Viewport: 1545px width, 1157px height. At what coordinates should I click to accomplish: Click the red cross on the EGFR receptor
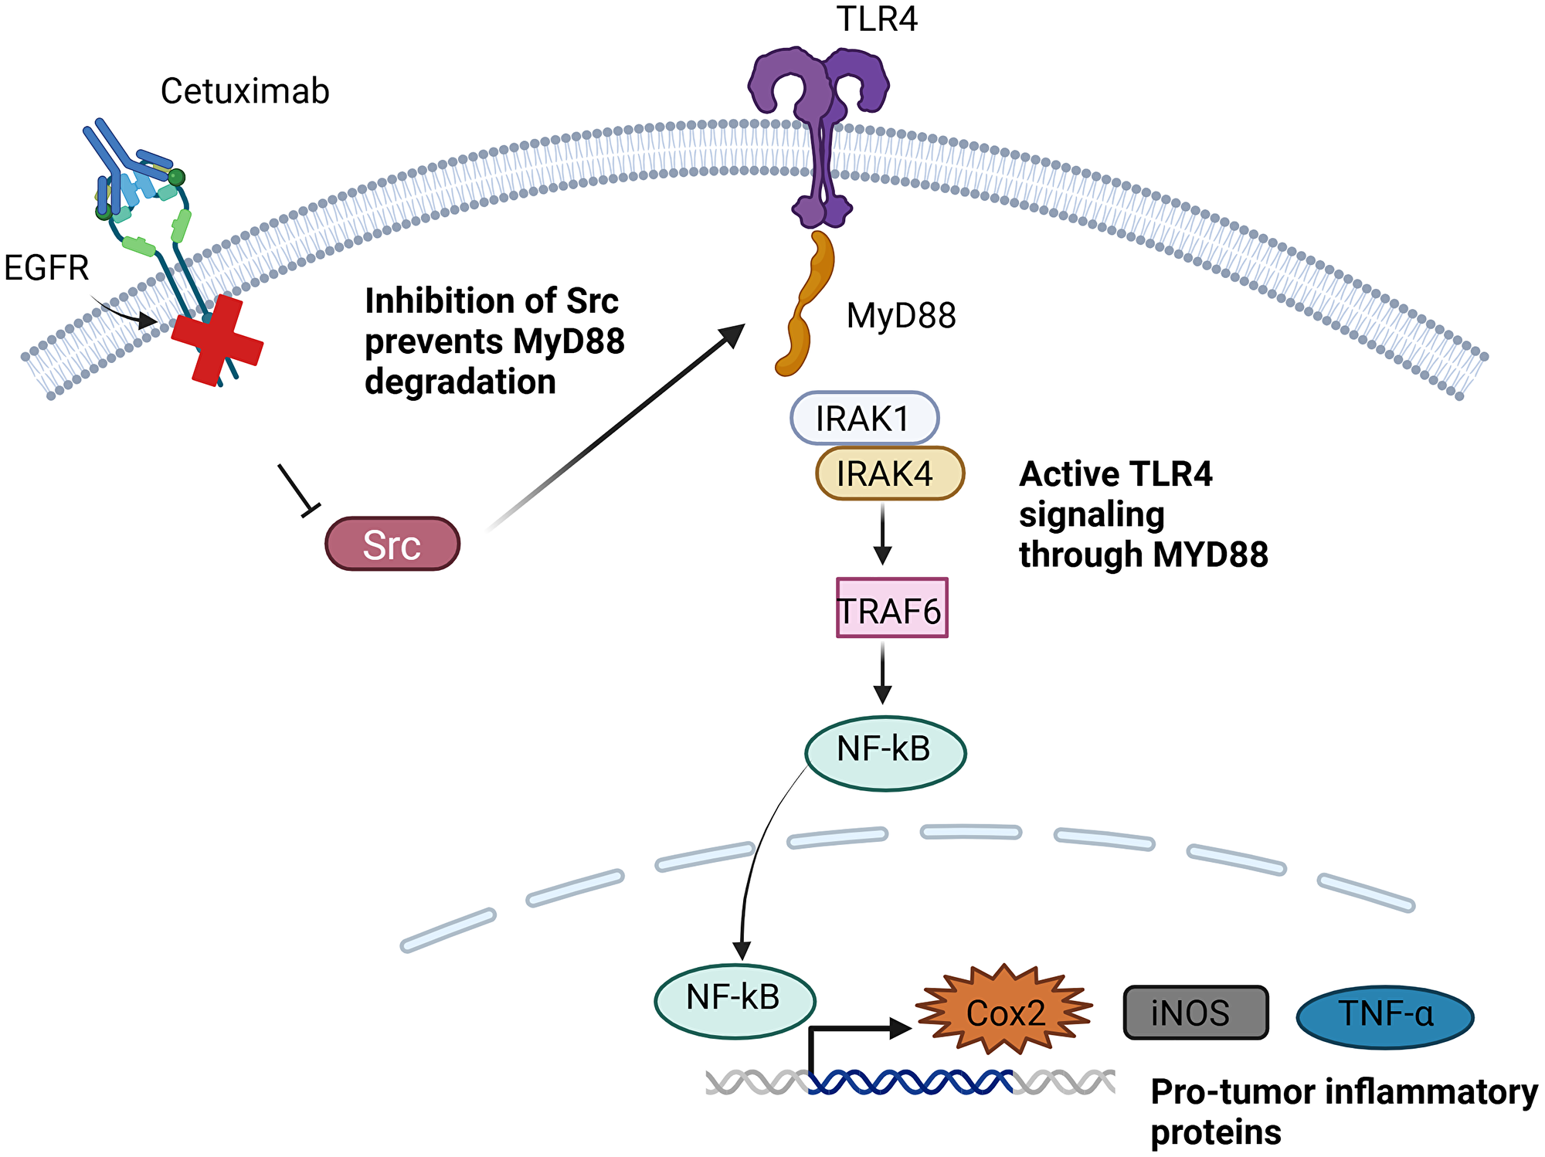pos(217,341)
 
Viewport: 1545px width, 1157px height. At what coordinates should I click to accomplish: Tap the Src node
pos(392,545)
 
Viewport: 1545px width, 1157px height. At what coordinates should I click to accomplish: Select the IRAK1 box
pos(864,418)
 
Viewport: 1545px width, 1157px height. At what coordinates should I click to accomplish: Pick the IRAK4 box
pos(889,473)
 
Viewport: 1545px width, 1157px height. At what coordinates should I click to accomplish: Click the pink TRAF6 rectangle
pos(891,609)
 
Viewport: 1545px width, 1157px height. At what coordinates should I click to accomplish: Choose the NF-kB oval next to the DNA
pos(735,1000)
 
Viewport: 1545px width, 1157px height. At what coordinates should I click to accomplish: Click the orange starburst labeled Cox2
pos(1004,1011)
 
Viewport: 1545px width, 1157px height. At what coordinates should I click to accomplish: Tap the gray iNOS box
pos(1195,1013)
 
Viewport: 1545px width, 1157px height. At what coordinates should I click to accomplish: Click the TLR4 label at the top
pos(877,19)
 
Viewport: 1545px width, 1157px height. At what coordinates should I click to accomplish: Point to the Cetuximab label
pos(245,91)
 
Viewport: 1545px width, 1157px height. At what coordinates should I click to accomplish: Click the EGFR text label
pos(46,268)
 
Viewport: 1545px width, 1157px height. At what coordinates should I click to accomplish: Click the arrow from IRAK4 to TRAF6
pos(882,534)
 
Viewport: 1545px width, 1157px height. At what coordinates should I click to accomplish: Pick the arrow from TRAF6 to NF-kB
pos(882,673)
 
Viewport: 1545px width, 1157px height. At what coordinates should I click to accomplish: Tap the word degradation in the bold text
pos(460,382)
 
